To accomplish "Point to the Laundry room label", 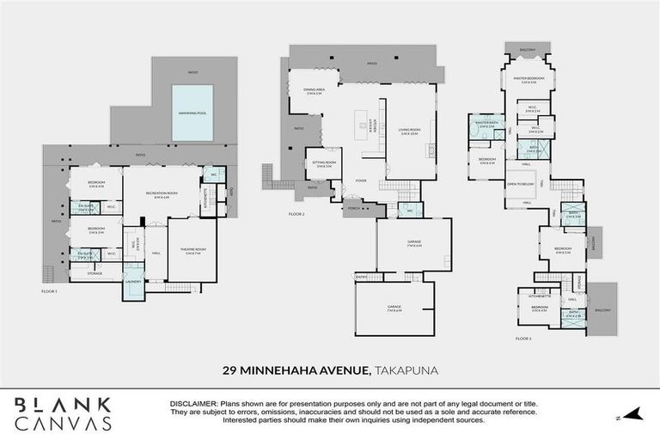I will tap(132, 281).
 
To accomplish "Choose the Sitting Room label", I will tap(325, 163).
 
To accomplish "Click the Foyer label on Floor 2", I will tap(362, 181).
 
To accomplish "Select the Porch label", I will tap(353, 208).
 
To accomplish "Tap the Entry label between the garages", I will tap(363, 277).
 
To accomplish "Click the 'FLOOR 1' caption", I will tap(49, 292).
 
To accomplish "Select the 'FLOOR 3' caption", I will tap(523, 339).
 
